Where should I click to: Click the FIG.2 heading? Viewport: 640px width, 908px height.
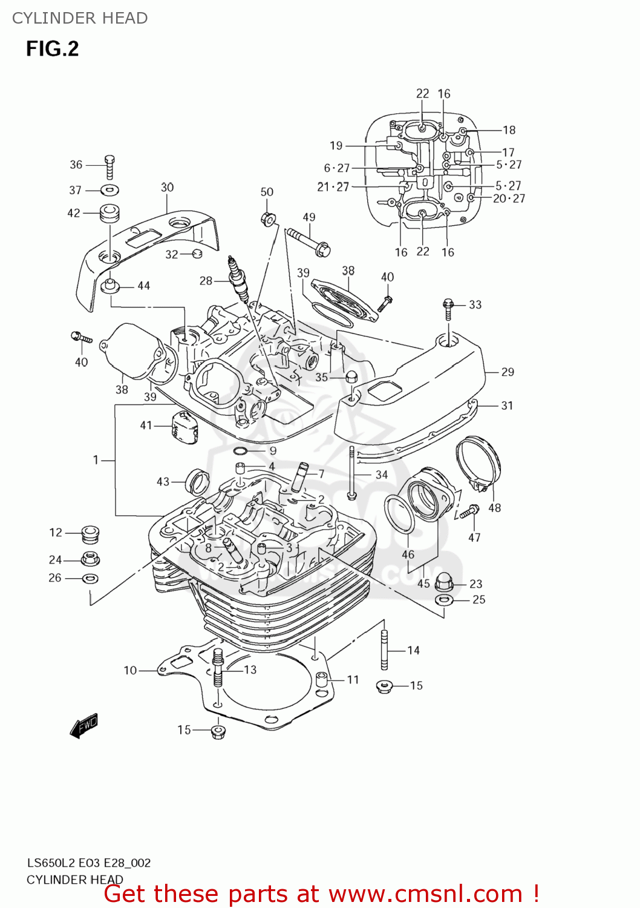pos(53,49)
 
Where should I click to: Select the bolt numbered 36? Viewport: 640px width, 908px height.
pos(109,166)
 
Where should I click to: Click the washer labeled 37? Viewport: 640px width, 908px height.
pos(109,190)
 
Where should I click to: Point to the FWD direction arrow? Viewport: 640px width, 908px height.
pos(83,725)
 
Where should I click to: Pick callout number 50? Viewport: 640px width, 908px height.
pos(267,192)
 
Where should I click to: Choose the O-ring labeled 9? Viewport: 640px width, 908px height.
pos(240,451)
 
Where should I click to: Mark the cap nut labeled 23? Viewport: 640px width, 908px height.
pos(445,581)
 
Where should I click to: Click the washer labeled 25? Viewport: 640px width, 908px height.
pos(444,600)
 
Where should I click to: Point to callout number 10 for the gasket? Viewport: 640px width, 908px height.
pos(130,670)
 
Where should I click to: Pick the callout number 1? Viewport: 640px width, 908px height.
pos(96,460)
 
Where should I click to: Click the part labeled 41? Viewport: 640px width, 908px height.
pos(184,427)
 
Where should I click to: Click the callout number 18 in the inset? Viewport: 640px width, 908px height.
pos(509,130)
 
